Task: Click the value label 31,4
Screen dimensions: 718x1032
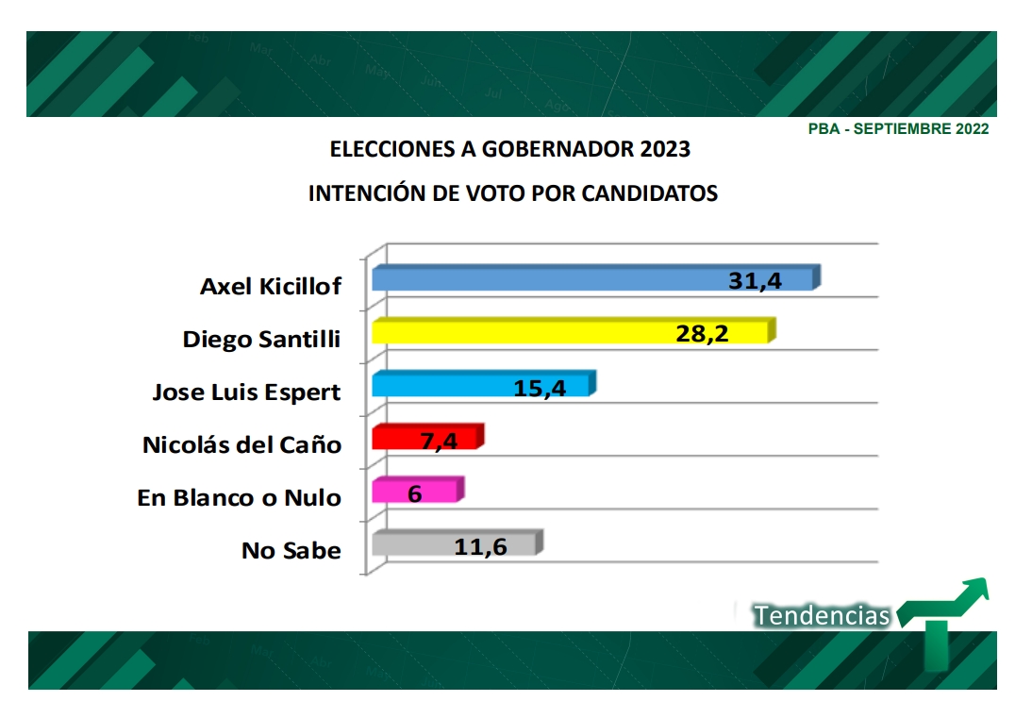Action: tap(756, 279)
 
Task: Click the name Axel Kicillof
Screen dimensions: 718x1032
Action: tap(271, 287)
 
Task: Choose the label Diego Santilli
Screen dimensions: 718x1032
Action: tap(261, 340)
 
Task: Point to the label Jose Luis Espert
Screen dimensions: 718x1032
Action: tap(246, 392)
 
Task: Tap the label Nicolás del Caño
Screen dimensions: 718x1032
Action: tap(241, 444)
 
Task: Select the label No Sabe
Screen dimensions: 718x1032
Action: tap(291, 550)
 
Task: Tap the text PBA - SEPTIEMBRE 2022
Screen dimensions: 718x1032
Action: tap(898, 129)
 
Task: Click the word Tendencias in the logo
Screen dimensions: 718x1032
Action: tap(822, 616)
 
